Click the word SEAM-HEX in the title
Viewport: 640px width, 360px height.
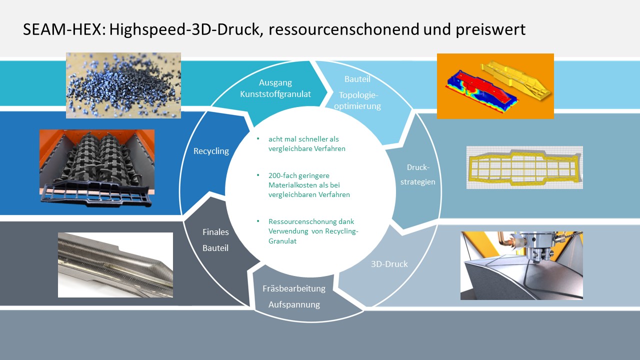click(x=62, y=29)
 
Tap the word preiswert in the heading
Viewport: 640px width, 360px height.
click(x=490, y=30)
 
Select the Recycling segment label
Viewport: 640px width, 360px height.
click(x=211, y=151)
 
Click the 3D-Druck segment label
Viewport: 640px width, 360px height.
click(x=389, y=263)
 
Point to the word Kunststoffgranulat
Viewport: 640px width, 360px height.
click(x=275, y=94)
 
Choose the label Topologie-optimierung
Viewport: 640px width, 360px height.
click(x=357, y=100)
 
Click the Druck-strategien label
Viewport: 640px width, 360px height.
click(x=417, y=174)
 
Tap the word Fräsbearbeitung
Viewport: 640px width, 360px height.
click(x=294, y=288)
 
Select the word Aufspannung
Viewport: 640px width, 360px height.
click(x=294, y=304)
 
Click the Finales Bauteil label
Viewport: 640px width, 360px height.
click(x=215, y=239)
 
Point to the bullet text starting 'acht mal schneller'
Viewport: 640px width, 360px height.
click(x=307, y=143)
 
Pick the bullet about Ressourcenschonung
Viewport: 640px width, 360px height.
click(x=313, y=231)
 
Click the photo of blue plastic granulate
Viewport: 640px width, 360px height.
click(x=123, y=85)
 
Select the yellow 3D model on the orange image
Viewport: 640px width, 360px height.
click(x=515, y=80)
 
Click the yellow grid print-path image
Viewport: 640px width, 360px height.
click(x=524, y=167)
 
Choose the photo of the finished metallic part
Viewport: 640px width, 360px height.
click(x=115, y=265)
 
